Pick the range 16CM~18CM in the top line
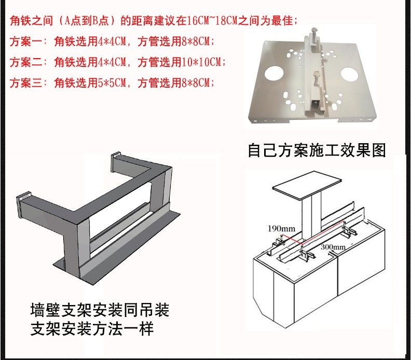[x=209, y=21]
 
